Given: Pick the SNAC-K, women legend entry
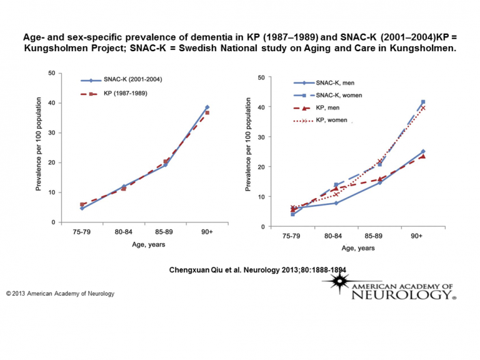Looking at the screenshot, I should pos(341,95).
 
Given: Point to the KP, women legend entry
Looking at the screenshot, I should pos(334,119).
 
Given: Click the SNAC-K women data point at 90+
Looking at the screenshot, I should pos(422,102).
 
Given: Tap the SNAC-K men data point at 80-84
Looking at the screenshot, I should pos(336,203).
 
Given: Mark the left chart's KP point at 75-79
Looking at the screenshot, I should pos(82,204).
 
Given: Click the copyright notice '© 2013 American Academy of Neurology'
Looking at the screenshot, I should pos(61,293).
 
